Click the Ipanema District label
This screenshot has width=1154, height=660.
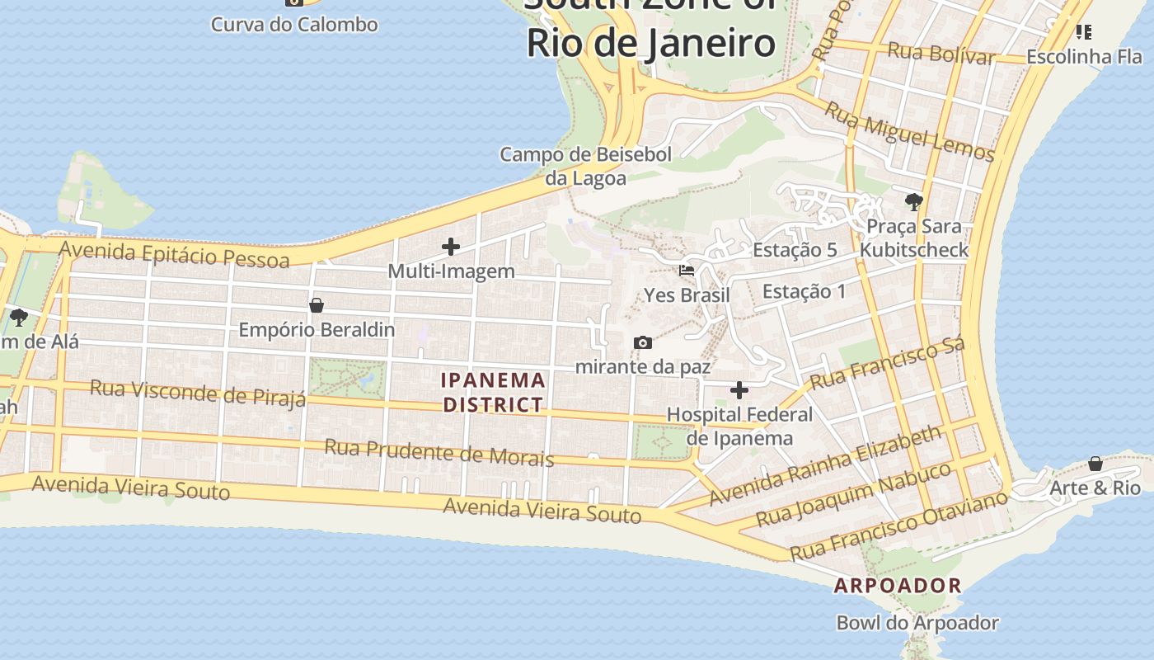click(493, 392)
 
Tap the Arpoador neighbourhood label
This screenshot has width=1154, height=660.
click(898, 586)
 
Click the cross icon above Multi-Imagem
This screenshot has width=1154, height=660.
click(451, 246)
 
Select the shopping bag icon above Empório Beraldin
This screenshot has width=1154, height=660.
click(316, 305)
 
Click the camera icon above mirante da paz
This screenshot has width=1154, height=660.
click(643, 342)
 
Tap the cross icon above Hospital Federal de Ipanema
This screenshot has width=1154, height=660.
click(739, 390)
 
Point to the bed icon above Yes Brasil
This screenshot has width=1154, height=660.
click(686, 270)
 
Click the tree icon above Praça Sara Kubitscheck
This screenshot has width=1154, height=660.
click(913, 201)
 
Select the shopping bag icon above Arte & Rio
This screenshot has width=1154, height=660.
click(1095, 464)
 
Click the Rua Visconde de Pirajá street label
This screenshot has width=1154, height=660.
click(198, 393)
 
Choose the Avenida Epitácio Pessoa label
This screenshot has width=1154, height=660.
click(174, 254)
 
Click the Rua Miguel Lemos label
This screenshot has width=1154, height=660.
click(910, 132)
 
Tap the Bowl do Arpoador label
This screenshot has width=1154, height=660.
click(917, 623)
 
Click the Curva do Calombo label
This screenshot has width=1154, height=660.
click(294, 24)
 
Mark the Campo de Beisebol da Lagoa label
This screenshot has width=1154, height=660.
click(586, 166)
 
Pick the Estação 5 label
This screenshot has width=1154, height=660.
click(795, 250)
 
